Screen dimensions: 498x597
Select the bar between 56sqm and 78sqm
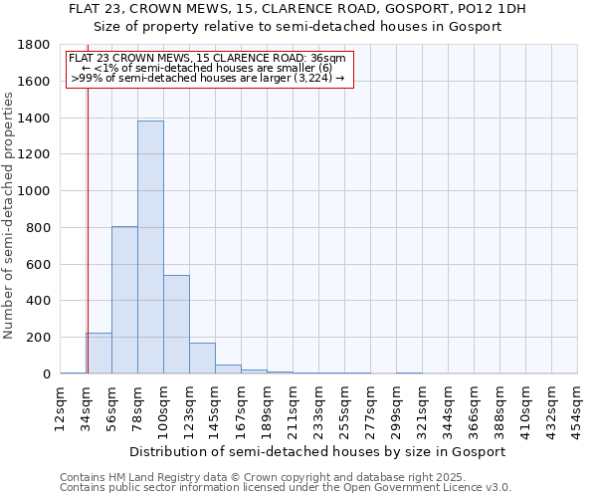coord(124,300)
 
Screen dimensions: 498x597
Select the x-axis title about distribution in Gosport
coord(318,451)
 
